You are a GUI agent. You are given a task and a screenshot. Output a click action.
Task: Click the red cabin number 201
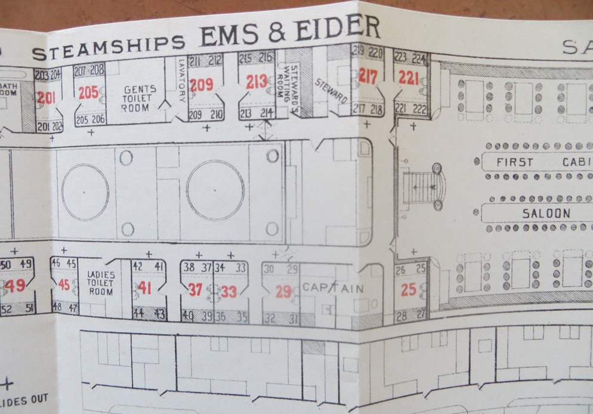pos(46,98)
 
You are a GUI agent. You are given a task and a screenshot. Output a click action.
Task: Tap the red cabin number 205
pos(88,93)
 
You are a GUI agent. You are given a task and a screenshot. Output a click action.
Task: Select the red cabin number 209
pos(201,85)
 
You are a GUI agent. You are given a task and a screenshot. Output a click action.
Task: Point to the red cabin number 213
pos(257,82)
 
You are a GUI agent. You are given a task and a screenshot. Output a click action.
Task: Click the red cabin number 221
pos(409,78)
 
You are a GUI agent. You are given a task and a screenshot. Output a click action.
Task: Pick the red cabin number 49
pos(15,286)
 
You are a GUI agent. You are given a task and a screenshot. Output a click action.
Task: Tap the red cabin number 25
pos(409,291)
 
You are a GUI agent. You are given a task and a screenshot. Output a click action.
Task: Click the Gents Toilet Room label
pos(138,98)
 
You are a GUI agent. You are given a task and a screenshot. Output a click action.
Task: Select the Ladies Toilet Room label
pos(101,283)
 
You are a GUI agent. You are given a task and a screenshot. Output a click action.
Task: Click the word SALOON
pos(546,214)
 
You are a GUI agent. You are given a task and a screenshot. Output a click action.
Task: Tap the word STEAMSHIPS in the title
pos(108,47)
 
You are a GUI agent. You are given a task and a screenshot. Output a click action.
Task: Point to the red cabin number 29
pos(283,292)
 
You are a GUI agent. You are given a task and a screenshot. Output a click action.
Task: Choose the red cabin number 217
pos(368,76)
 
